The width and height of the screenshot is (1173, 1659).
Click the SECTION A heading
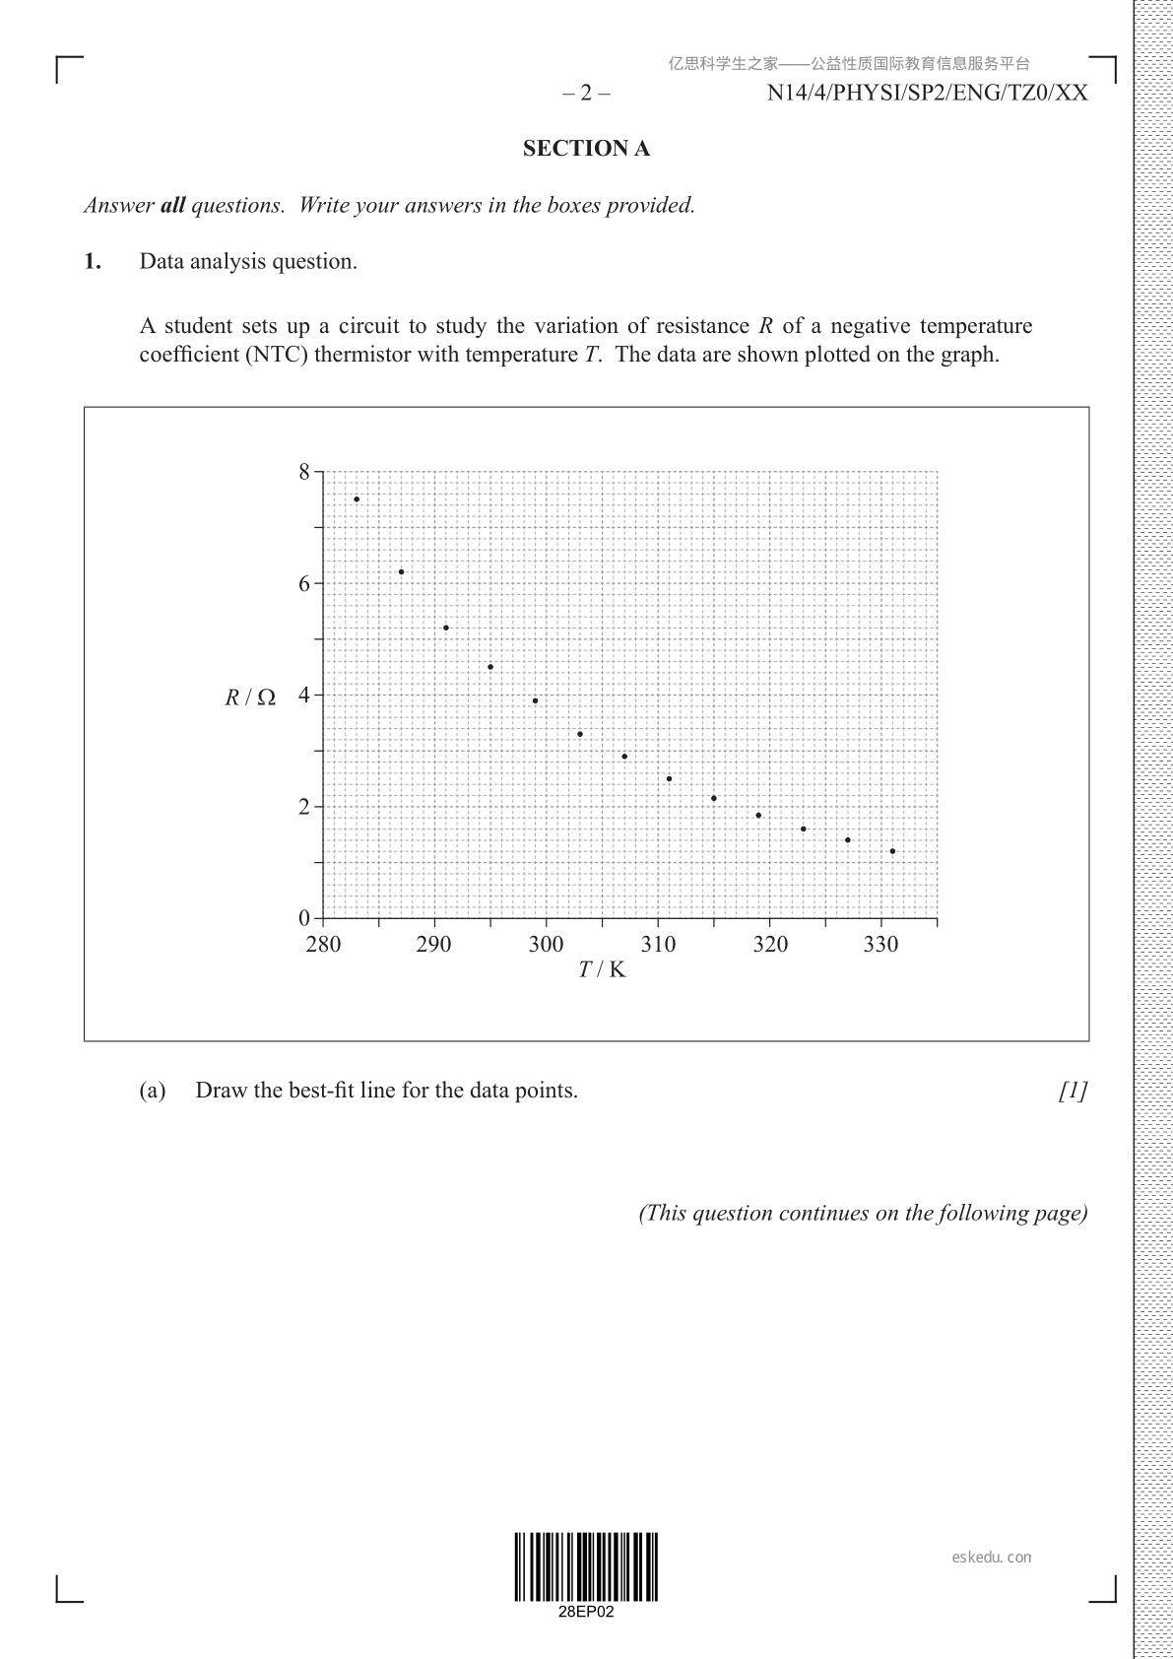pos(586,149)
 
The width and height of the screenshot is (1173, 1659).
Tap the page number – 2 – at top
pos(586,94)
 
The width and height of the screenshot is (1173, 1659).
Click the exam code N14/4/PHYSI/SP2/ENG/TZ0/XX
pos(927,94)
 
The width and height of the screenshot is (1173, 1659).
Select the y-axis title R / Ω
pos(250,697)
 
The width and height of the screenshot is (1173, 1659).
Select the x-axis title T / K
pos(602,969)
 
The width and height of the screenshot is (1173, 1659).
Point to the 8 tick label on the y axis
pos(304,472)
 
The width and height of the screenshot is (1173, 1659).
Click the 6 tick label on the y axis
pos(304,583)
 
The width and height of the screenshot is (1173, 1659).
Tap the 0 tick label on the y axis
pos(304,917)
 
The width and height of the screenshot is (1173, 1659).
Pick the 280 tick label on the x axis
pos(323,944)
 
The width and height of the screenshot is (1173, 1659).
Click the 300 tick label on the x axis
pos(546,944)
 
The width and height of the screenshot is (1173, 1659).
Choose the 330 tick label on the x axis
pos(880,944)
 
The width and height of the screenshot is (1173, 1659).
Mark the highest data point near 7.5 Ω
pos(357,499)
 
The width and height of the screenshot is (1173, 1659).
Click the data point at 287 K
pos(401,571)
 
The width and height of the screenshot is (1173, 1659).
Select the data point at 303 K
pos(580,734)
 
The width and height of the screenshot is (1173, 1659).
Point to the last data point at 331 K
pos(892,851)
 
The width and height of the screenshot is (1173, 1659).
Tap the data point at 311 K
pos(669,778)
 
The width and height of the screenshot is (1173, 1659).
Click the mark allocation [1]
pos(1074,1091)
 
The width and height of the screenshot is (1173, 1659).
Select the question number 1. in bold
pos(93,261)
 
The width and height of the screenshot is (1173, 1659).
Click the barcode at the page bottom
pos(586,1566)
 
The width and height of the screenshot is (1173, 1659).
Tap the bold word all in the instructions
pos(172,206)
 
